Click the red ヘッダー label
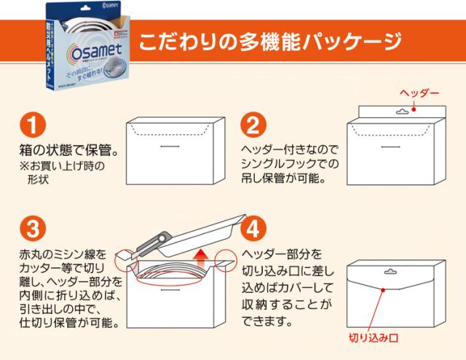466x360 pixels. [x=420, y=94]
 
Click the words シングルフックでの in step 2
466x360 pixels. [x=288, y=162]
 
